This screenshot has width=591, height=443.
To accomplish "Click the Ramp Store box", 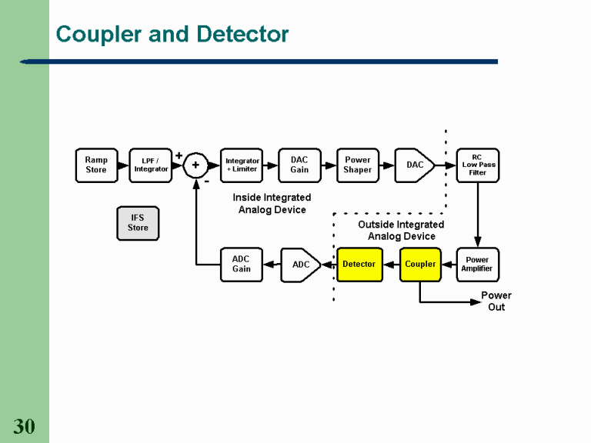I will (96, 165).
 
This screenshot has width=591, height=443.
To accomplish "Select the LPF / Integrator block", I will (150, 165).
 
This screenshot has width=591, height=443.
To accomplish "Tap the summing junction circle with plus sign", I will (195, 165).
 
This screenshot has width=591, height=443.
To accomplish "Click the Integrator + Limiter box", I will (242, 165).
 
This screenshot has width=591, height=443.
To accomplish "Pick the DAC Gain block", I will (299, 165).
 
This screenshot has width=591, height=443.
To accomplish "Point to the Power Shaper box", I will (358, 165).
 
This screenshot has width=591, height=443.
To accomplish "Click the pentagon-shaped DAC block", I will (414, 165).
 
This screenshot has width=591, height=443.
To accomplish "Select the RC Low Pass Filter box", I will (478, 165).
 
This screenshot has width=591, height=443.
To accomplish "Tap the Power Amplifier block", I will (477, 264).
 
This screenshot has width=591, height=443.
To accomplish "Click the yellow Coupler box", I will (420, 264).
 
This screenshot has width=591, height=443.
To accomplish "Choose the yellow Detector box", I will (359, 264).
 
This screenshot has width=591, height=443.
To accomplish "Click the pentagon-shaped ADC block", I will (302, 265).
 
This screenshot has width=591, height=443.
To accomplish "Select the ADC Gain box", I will (242, 264).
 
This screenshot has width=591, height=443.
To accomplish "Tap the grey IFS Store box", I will (138, 222).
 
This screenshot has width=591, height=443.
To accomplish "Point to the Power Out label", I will (496, 301).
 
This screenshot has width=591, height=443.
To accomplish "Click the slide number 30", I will (24, 427).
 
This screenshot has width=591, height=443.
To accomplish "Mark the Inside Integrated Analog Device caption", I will (272, 203).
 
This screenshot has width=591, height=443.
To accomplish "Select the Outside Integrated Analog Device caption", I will (401, 230).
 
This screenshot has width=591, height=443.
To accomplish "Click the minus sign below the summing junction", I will (206, 182).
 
